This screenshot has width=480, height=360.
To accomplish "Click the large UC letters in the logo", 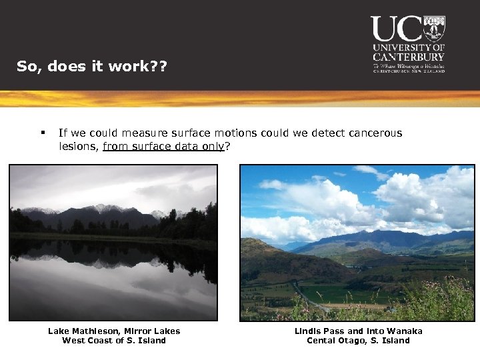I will (396, 29).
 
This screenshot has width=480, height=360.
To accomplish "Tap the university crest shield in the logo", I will (434, 28).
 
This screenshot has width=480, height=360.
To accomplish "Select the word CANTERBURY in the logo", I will (409, 57).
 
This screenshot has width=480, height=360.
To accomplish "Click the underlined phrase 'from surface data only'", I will (164, 146).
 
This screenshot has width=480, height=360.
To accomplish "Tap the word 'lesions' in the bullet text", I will (77, 146).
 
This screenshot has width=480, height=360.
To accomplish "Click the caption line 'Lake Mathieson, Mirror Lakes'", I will (114, 331).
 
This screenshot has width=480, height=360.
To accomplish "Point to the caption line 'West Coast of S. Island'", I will (114, 341).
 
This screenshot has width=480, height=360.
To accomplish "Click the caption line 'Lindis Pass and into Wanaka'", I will (359, 331).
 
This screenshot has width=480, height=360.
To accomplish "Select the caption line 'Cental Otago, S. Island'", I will (359, 341).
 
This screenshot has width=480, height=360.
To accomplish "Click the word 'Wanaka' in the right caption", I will (405, 331).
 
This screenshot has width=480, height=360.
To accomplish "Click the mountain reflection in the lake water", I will (100, 257).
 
